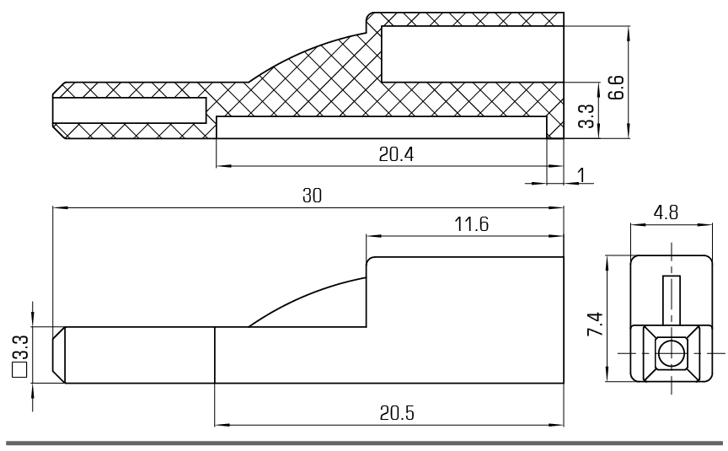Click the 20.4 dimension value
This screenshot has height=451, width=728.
[x=396, y=154]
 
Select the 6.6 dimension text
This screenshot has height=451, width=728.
[x=616, y=88]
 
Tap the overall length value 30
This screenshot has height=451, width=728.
[x=312, y=196]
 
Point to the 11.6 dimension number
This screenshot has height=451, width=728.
[x=471, y=224]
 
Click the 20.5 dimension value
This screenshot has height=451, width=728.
[x=397, y=413]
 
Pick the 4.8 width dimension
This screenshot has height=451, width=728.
[x=666, y=212]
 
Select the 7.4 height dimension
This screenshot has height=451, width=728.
[x=595, y=324]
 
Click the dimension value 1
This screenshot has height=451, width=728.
[x=581, y=175]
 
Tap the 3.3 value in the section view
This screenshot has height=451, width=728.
[x=586, y=115]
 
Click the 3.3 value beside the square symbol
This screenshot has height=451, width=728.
[x=20, y=348]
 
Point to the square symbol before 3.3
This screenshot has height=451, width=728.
[x=19, y=370]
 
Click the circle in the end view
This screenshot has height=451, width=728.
[x=671, y=354]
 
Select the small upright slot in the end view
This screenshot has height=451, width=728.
[x=672, y=300]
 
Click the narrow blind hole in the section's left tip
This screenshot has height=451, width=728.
[x=129, y=110]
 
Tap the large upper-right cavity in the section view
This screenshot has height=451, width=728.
[x=473, y=54]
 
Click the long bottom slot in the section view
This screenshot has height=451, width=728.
[x=382, y=128]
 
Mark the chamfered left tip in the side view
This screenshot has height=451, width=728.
[x=58, y=355]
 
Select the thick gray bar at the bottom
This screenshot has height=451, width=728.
[x=364, y=443]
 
